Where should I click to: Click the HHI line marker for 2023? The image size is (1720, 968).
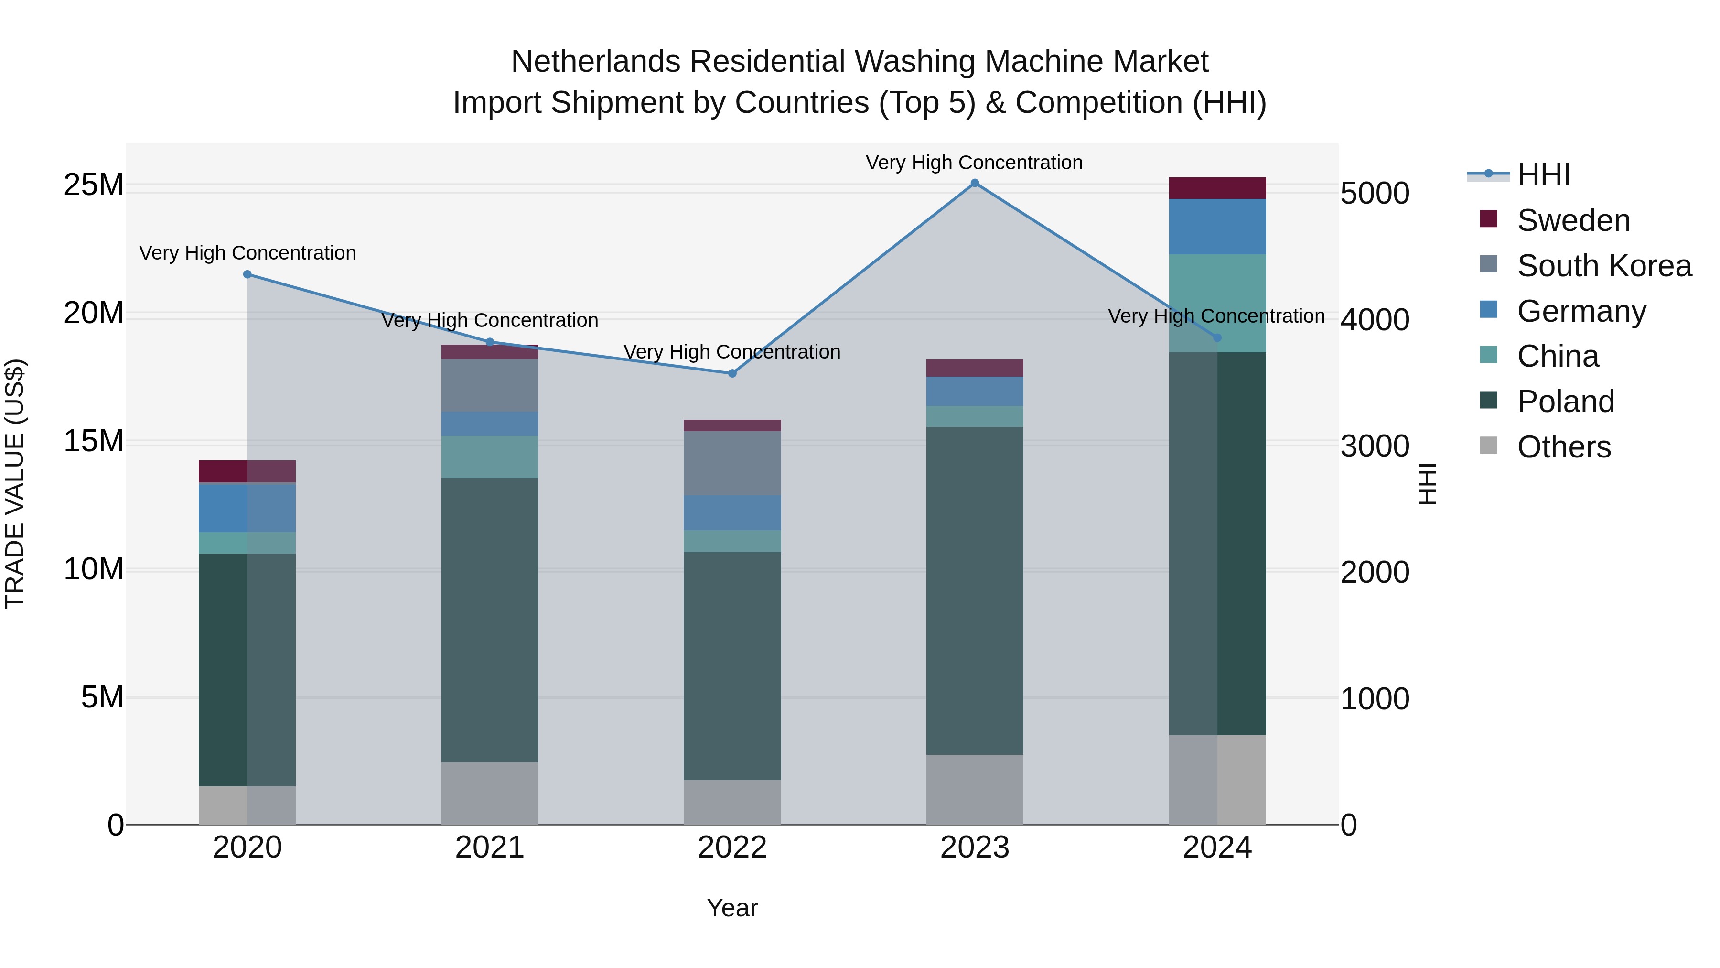[x=974, y=183]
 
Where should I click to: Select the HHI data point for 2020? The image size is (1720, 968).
[x=247, y=274]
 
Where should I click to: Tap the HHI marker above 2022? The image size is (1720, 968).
[x=732, y=373]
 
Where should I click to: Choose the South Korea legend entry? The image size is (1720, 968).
[x=1604, y=266]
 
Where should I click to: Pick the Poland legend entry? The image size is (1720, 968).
[x=1565, y=402]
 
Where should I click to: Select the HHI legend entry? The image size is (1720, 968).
[x=1543, y=175]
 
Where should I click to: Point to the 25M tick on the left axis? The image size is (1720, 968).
[x=94, y=185]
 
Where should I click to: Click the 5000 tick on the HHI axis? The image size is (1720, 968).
[x=1374, y=194]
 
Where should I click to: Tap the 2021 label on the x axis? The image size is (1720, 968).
[x=489, y=848]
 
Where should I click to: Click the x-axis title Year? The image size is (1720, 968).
[x=732, y=908]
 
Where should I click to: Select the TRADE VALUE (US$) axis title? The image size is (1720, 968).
[x=15, y=484]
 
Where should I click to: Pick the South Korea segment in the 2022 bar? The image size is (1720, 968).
[x=732, y=463]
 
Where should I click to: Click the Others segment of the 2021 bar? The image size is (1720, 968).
[x=489, y=793]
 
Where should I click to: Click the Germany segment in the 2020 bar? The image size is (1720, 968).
[x=247, y=507]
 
